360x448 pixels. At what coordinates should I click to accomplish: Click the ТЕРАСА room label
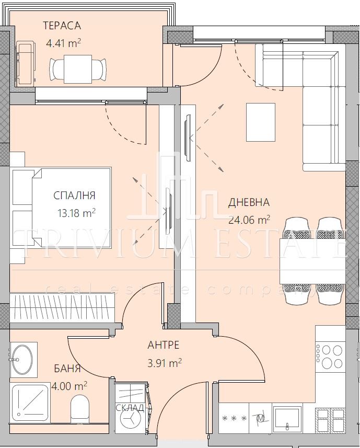[x=62, y=26]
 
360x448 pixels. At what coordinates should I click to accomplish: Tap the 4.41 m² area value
[x=63, y=43]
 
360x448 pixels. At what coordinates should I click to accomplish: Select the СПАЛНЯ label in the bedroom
[x=74, y=196]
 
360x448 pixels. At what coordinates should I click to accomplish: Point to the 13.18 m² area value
[x=76, y=213]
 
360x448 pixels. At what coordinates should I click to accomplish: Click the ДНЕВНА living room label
[x=249, y=202]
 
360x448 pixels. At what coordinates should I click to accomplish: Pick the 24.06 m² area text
[x=249, y=220]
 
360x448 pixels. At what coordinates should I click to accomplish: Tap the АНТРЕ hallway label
[x=164, y=345]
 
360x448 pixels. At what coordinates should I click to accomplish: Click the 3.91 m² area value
[x=165, y=363]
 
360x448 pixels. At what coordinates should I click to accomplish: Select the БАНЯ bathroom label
[x=67, y=369]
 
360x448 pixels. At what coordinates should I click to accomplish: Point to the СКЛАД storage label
[x=130, y=408]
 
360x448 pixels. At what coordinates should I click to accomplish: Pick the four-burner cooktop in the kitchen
[x=330, y=357]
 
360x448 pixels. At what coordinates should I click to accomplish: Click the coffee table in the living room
[x=261, y=122]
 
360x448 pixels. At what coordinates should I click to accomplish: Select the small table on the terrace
[x=78, y=69]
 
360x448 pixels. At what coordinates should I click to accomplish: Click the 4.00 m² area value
[x=69, y=386]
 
